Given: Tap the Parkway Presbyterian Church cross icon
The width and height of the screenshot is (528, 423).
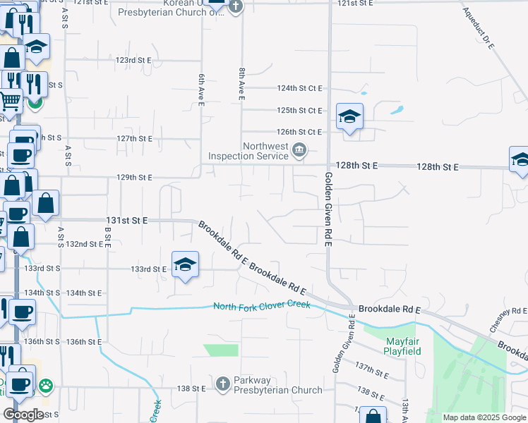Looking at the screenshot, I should coord(222,383).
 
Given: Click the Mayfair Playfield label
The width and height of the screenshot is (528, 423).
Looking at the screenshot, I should coord(403,346).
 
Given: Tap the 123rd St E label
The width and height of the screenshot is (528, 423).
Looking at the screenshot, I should coord(134,61).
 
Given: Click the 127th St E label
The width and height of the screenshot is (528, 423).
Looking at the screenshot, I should coord(134,139).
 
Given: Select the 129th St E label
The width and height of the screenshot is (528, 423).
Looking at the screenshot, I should coord(134,178).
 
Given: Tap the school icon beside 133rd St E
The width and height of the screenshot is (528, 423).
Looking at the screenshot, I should coord(186,264).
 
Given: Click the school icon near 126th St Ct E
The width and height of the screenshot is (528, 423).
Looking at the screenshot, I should coord(349,116).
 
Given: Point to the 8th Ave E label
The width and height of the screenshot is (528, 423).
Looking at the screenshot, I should coord(241,82).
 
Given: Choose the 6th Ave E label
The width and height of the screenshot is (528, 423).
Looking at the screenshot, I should coord(201,90).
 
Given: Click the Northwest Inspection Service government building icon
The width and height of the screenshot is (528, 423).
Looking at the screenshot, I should coord(299,149).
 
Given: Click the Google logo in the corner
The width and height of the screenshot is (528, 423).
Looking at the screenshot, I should coord(24,415).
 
